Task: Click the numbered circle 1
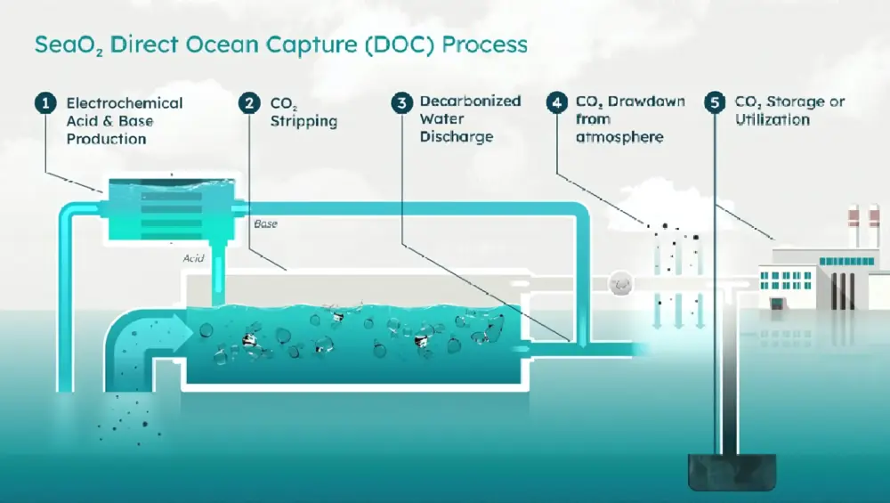[44, 103]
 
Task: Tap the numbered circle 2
[248, 103]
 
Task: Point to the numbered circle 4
[557, 102]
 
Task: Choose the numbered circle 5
[714, 102]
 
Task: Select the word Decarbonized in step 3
[470, 101]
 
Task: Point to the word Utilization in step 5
[773, 119]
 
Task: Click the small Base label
[265, 223]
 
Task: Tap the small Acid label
[193, 258]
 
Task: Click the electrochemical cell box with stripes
[169, 209]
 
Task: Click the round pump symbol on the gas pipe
[619, 285]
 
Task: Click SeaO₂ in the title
[61, 45]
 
